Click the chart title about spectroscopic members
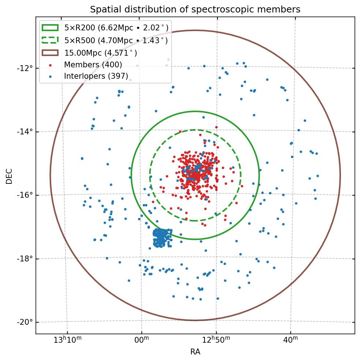coord(195,10)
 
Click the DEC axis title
coord(9,176)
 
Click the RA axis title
coord(195,352)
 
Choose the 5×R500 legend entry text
coord(116,40)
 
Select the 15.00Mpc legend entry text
coord(101,53)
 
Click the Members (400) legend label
coord(93,65)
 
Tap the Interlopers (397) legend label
coord(96,76)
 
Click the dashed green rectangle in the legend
coord(50,40)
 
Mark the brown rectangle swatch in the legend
coord(50,53)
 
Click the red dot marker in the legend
coord(50,65)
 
